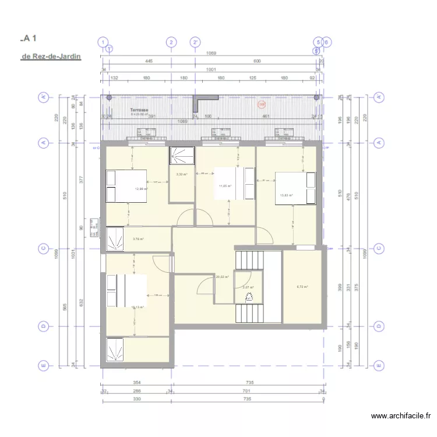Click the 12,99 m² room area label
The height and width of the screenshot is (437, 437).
[x=141, y=189]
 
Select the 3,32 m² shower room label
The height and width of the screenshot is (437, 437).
[x=181, y=174]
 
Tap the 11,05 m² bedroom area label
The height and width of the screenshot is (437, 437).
[x=225, y=186]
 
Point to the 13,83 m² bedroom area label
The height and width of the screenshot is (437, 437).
[x=286, y=196]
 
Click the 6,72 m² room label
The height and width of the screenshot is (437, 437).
[x=302, y=287]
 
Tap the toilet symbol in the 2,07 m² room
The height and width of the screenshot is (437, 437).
[x=249, y=297]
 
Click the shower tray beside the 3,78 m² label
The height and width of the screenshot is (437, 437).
[x=115, y=239]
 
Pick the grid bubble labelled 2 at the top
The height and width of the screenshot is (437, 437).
[x=171, y=42]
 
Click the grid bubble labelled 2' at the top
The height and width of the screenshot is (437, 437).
[x=196, y=42]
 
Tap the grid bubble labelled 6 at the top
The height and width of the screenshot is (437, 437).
[x=326, y=42]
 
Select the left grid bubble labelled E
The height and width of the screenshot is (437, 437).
[x=43, y=365]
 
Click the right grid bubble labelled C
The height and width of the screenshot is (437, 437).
[x=380, y=249]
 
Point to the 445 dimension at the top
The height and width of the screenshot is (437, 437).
[x=132, y=61]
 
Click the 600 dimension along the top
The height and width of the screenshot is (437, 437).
[x=256, y=61]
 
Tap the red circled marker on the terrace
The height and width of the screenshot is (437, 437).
[x=262, y=105]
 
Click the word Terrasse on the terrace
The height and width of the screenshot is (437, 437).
[x=139, y=110]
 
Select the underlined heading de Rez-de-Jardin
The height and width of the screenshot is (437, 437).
[x=51, y=57]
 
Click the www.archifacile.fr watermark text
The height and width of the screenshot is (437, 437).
[x=401, y=416]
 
